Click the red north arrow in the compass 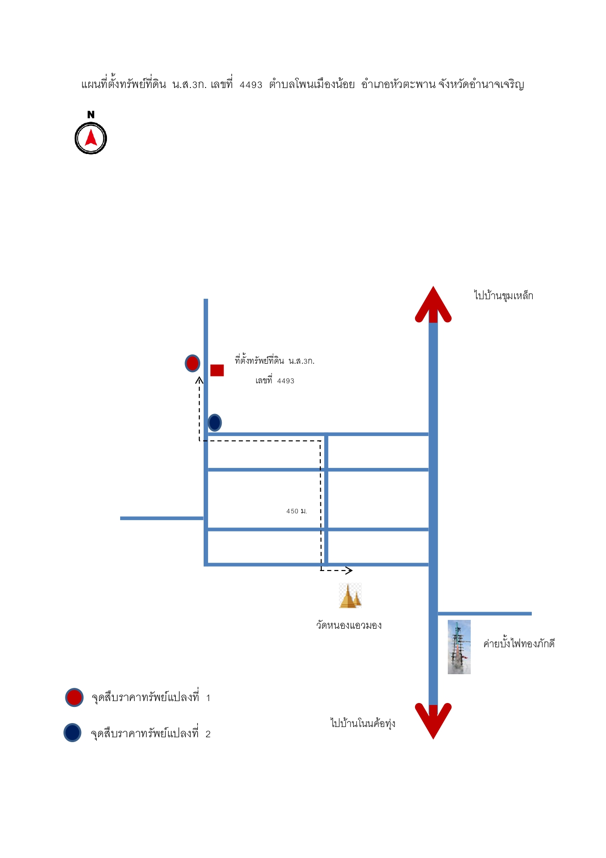click(x=91, y=137)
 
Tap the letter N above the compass click(x=91, y=115)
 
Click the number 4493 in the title click(x=251, y=85)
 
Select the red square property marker click(x=217, y=370)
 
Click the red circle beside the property click(x=192, y=363)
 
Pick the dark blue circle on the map click(x=215, y=422)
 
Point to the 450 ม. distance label click(x=296, y=511)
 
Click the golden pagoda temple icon click(x=350, y=595)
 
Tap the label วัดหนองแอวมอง click(x=349, y=625)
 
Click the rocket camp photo click(x=459, y=647)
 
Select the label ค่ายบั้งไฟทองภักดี click(x=519, y=643)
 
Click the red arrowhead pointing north click(x=433, y=304)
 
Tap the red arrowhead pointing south click(x=433, y=721)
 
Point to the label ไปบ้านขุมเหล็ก click(x=503, y=296)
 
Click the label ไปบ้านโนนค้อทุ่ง click(x=363, y=723)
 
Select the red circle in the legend click(x=74, y=697)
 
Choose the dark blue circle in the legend click(x=72, y=732)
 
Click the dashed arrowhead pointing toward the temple click(x=349, y=570)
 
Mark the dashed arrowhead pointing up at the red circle click(x=199, y=380)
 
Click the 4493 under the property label click(x=286, y=381)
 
